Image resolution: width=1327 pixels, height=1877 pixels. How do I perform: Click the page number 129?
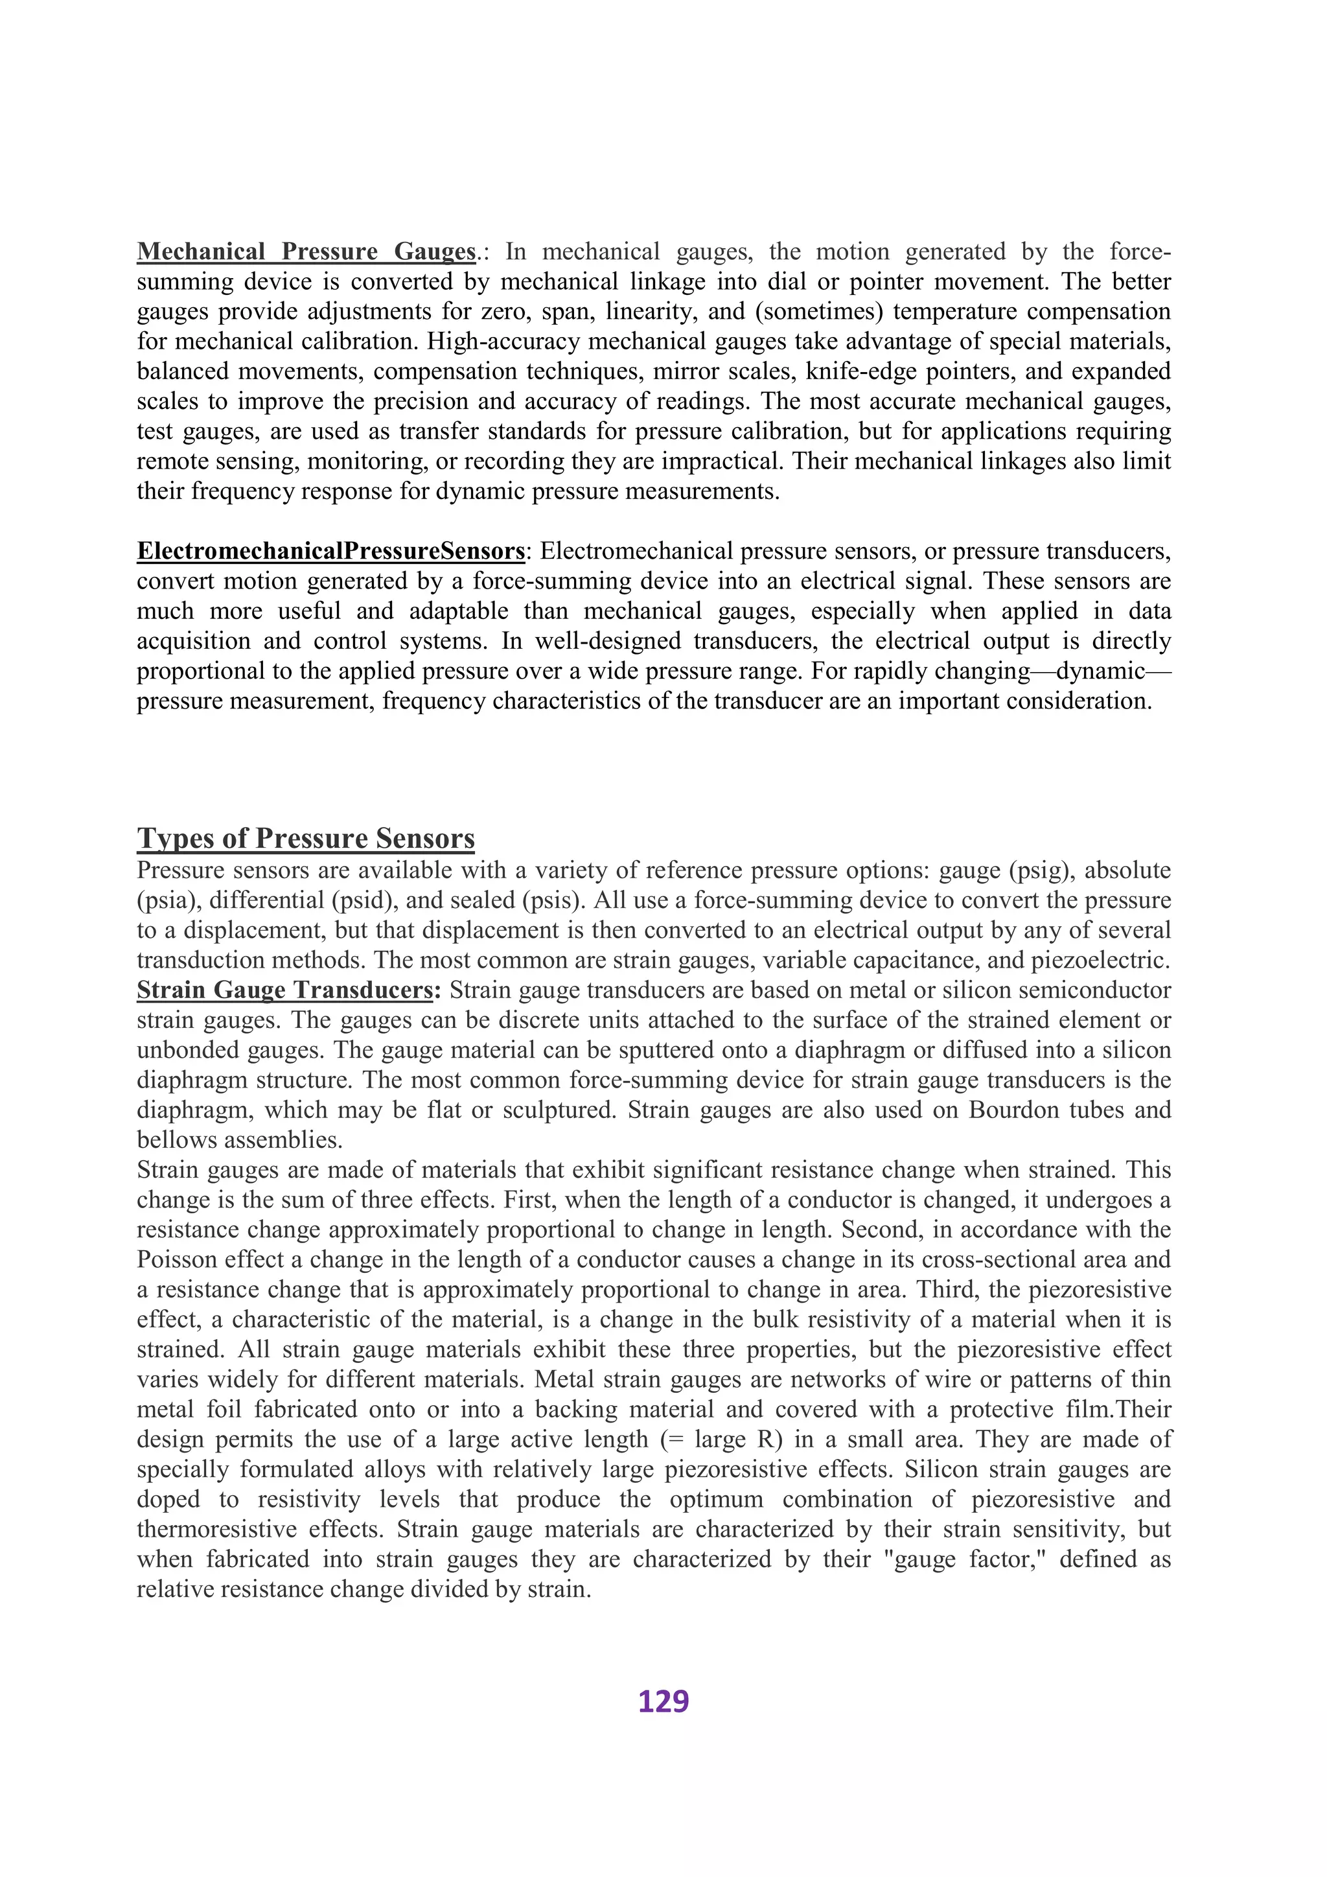663,1701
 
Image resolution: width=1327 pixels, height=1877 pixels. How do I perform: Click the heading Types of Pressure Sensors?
306,839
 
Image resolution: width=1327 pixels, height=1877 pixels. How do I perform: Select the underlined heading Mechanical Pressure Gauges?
306,251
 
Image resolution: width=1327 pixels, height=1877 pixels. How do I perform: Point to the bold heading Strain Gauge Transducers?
284,990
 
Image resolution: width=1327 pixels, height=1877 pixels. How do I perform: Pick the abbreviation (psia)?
169,901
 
